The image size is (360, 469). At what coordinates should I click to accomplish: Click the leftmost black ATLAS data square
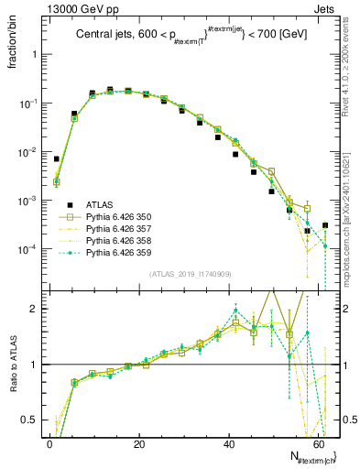tap(57, 158)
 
